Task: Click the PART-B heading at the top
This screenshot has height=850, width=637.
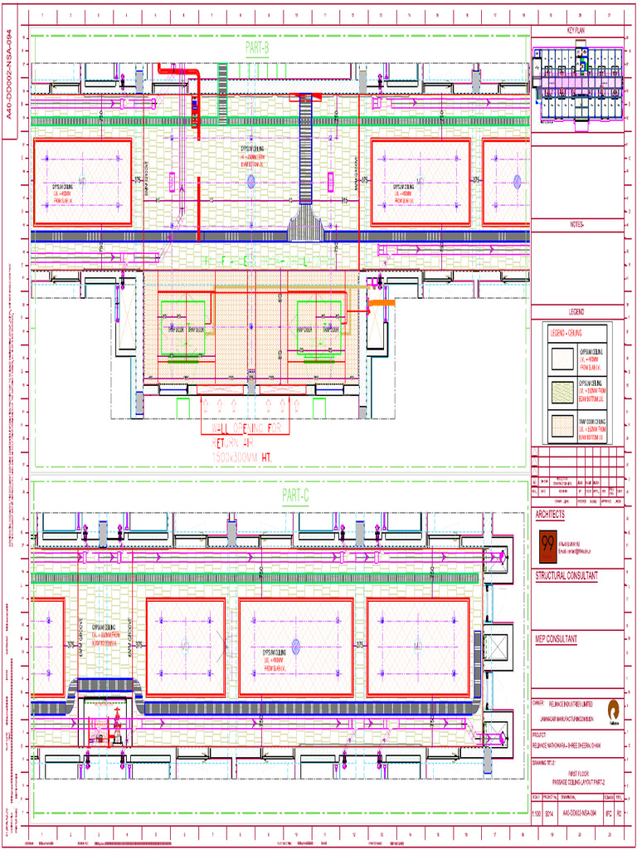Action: (258, 49)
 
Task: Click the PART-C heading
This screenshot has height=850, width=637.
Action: (294, 496)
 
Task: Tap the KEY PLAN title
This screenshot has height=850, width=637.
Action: (576, 30)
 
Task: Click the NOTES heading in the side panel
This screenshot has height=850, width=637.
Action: (576, 224)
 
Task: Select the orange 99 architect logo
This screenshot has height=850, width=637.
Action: (547, 544)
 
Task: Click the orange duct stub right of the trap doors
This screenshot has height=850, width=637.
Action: (382, 305)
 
